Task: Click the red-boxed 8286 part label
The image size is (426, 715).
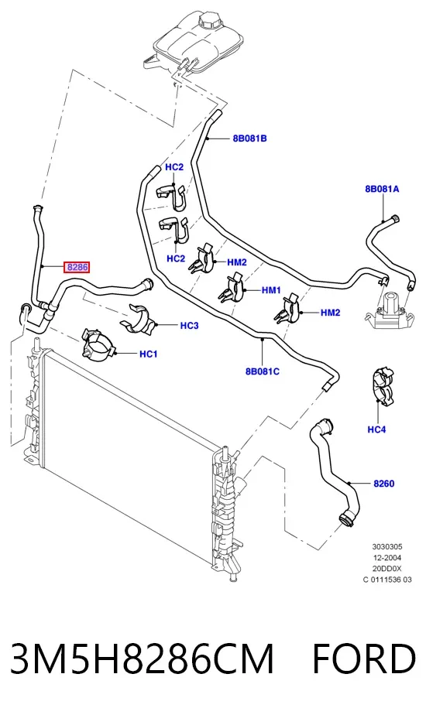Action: click(x=77, y=267)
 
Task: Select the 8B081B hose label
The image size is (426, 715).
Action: click(x=249, y=139)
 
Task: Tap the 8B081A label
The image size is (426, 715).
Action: click(x=382, y=189)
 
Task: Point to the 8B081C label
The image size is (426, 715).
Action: click(x=262, y=371)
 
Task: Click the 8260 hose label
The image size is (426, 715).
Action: click(x=383, y=484)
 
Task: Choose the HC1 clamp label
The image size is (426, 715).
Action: click(x=149, y=354)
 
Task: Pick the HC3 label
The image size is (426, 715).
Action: click(x=189, y=326)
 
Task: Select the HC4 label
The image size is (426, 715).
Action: click(x=376, y=429)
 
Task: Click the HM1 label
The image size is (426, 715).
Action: click(x=271, y=290)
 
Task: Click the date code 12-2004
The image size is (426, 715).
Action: click(x=386, y=558)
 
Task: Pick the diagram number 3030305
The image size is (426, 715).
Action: click(x=387, y=547)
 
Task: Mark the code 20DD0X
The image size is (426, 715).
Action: click(x=386, y=569)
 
